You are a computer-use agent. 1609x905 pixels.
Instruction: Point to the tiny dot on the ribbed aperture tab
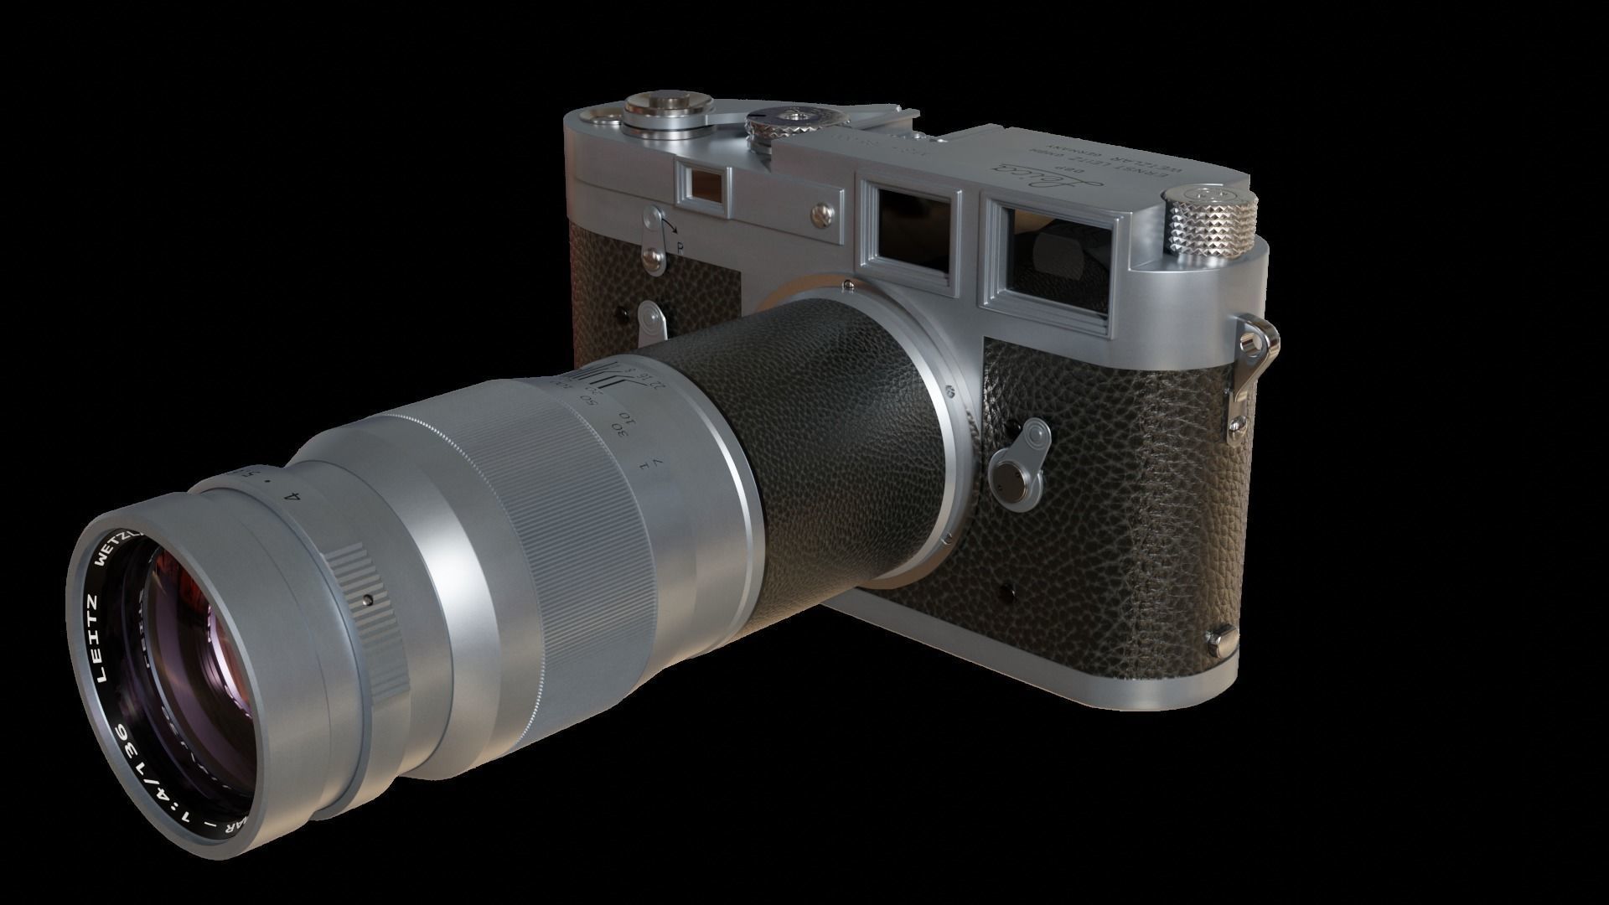(368, 599)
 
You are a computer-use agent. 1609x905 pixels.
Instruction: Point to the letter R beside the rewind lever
(680, 247)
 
